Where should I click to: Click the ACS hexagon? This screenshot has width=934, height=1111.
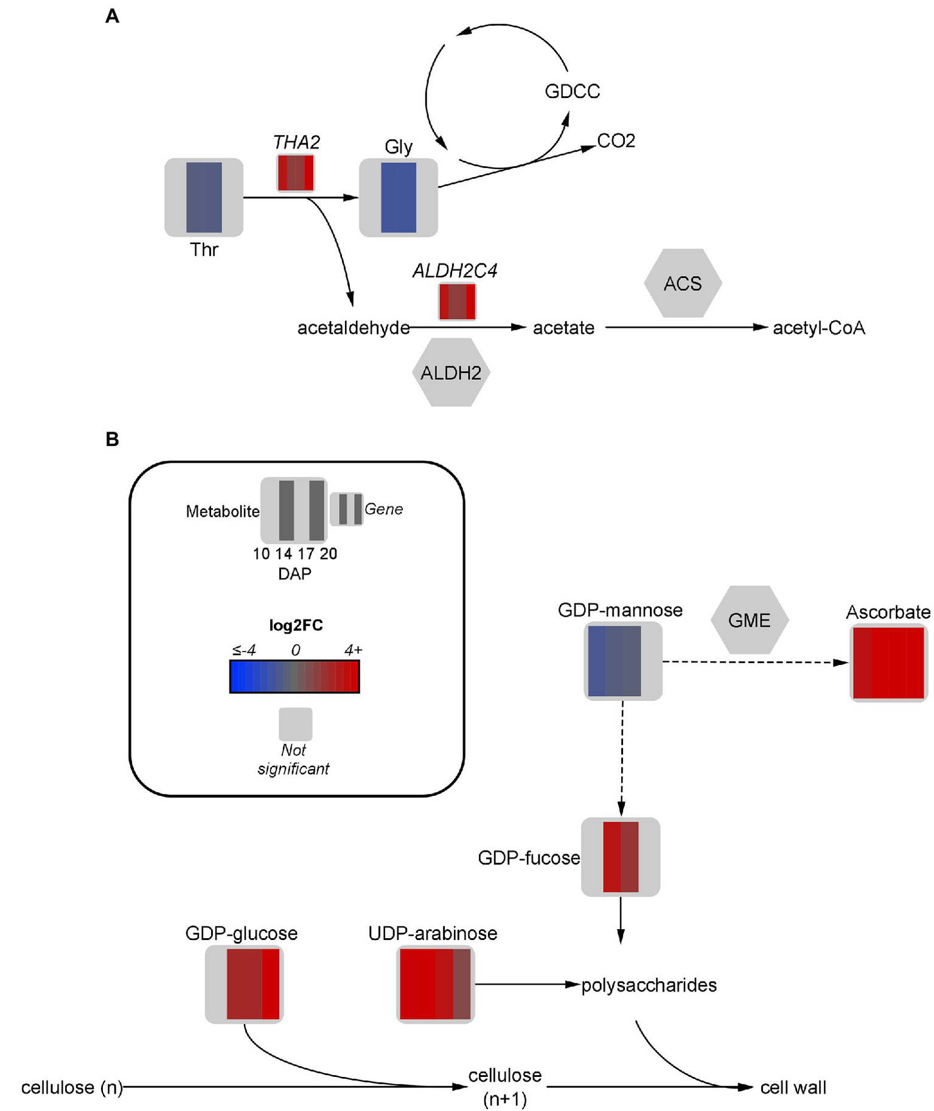[x=682, y=283]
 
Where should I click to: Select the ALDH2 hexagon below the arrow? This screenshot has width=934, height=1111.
[x=451, y=372]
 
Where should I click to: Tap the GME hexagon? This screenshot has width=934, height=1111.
[x=749, y=620]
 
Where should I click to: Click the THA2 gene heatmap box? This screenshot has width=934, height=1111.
[x=296, y=173]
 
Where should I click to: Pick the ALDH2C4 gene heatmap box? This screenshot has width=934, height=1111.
[x=457, y=301]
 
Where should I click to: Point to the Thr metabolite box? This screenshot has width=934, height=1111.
[x=204, y=197]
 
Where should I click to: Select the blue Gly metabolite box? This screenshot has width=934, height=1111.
[x=399, y=197]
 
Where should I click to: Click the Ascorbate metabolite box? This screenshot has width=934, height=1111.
[x=888, y=663]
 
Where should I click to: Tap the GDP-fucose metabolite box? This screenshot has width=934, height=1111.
[x=620, y=857]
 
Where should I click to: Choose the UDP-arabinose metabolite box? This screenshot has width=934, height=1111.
[x=435, y=984]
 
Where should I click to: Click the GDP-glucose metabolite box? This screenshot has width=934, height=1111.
[x=244, y=984]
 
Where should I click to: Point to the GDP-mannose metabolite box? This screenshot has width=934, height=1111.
[x=622, y=661]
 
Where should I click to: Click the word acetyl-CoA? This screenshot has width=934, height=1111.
[x=818, y=328]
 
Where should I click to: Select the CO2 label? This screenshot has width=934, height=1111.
[x=616, y=141]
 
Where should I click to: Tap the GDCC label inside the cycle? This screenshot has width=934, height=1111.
[x=572, y=91]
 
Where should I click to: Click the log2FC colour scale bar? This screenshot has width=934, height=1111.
[x=294, y=677]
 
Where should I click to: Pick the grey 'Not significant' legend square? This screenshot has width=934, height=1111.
[x=295, y=723]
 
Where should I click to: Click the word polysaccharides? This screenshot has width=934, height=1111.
[x=649, y=984]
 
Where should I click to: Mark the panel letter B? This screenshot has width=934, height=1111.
[x=112, y=439]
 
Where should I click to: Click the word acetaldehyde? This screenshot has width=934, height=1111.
[x=353, y=328]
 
